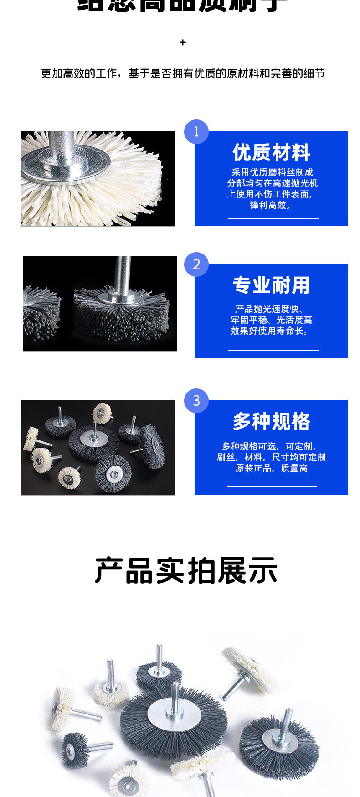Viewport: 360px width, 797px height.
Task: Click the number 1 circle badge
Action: pyautogui.click(x=196, y=132)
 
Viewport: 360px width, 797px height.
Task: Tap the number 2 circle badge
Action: pyautogui.click(x=196, y=264)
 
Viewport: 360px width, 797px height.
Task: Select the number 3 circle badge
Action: pyautogui.click(x=196, y=401)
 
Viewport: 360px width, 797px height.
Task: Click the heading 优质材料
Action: pyautogui.click(x=271, y=152)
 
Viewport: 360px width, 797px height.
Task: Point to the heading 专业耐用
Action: pyautogui.click(x=271, y=285)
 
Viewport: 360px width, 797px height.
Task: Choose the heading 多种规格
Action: pyautogui.click(x=271, y=421)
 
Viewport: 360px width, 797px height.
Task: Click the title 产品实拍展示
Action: pyautogui.click(x=186, y=571)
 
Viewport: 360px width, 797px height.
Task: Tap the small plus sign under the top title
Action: pyautogui.click(x=183, y=42)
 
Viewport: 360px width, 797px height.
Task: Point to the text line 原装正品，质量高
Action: pyautogui.click(x=271, y=468)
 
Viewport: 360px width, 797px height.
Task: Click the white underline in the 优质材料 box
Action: pyautogui.click(x=273, y=218)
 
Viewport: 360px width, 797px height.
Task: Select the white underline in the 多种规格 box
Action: pyautogui.click(x=272, y=486)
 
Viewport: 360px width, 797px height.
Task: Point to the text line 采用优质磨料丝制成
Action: pyautogui.click(x=272, y=172)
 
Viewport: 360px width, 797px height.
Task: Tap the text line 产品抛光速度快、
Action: pyautogui.click(x=270, y=309)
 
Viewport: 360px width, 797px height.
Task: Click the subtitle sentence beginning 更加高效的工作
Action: pyautogui.click(x=183, y=73)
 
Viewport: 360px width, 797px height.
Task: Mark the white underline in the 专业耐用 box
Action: pyautogui.click(x=273, y=350)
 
